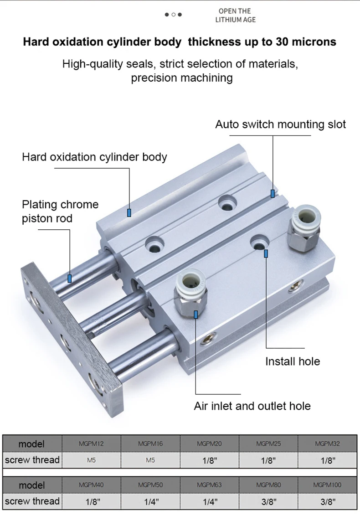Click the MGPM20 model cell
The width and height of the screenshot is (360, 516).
click(x=209, y=444)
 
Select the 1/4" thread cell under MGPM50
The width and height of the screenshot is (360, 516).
click(x=150, y=501)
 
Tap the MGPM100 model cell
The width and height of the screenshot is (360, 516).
click(x=327, y=485)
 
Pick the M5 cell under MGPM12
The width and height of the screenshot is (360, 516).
click(x=91, y=460)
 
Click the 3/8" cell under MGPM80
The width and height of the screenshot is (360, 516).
click(x=268, y=501)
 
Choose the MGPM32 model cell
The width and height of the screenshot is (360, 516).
click(x=327, y=444)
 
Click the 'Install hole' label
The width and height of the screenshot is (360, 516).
click(x=293, y=361)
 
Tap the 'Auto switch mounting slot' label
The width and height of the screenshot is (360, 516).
click(x=280, y=124)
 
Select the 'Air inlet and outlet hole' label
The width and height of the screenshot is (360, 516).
click(x=252, y=406)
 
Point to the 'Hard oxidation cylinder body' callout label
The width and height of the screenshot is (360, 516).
click(x=94, y=157)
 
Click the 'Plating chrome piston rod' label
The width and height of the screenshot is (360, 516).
click(x=60, y=211)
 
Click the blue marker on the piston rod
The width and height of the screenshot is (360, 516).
click(x=69, y=279)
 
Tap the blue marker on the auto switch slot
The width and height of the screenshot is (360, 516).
click(x=273, y=193)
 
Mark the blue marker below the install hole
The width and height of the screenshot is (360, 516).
click(x=266, y=253)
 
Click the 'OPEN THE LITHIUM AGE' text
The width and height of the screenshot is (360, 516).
click(x=235, y=15)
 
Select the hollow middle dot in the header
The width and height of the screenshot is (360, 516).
click(x=174, y=15)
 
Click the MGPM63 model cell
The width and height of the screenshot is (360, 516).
click(x=209, y=485)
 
